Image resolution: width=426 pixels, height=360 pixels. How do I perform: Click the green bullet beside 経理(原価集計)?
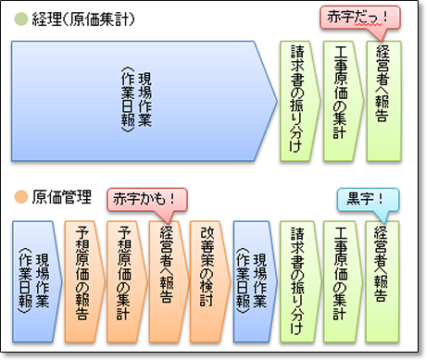tap(20, 19)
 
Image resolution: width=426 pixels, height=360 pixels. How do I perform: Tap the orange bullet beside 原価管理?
tap(20, 196)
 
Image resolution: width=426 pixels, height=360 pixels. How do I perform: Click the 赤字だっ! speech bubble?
tap(359, 16)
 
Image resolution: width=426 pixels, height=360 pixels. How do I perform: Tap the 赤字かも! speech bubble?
tap(147, 198)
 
